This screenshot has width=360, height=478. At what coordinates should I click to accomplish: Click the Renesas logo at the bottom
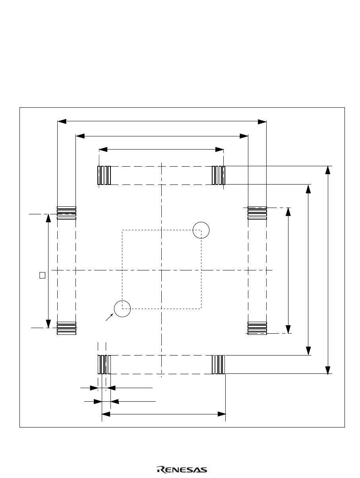pyautogui.click(x=182, y=470)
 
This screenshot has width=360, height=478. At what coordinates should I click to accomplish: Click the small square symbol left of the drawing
pyautogui.click(x=42, y=274)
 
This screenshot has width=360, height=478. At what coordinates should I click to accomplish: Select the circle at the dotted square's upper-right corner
pyautogui.click(x=201, y=230)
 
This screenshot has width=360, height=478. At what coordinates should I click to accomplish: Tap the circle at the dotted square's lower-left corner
pyautogui.click(x=122, y=309)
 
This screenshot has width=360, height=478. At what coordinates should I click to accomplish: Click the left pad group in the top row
pyautogui.click(x=104, y=175)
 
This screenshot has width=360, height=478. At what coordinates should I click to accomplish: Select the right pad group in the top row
pyautogui.click(x=219, y=175)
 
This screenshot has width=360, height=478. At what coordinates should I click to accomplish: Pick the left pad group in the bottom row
pyautogui.click(x=104, y=364)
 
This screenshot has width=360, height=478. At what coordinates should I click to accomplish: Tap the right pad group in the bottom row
pyautogui.click(x=219, y=364)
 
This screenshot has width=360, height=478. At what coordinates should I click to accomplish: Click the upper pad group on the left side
pyautogui.click(x=66, y=212)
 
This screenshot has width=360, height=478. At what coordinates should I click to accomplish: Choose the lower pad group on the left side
pyautogui.click(x=66, y=328)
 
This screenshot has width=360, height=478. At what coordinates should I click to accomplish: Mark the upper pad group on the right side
pyautogui.click(x=257, y=212)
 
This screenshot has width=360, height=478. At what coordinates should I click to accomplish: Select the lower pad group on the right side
pyautogui.click(x=257, y=328)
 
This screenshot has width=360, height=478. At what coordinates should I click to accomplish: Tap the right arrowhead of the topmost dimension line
pyautogui.click(x=262, y=121)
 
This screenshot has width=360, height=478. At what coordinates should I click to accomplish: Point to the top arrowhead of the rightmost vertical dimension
pyautogui.click(x=327, y=170)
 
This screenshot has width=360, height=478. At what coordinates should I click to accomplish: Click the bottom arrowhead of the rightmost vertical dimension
pyautogui.click(x=327, y=370)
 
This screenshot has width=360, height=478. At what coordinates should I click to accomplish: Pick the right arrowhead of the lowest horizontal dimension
pyautogui.click(x=222, y=414)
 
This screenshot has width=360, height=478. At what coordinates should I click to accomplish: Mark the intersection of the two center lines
pyautogui.click(x=162, y=270)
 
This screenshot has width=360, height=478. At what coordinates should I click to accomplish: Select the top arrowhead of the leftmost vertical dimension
pyautogui.click(x=48, y=218)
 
